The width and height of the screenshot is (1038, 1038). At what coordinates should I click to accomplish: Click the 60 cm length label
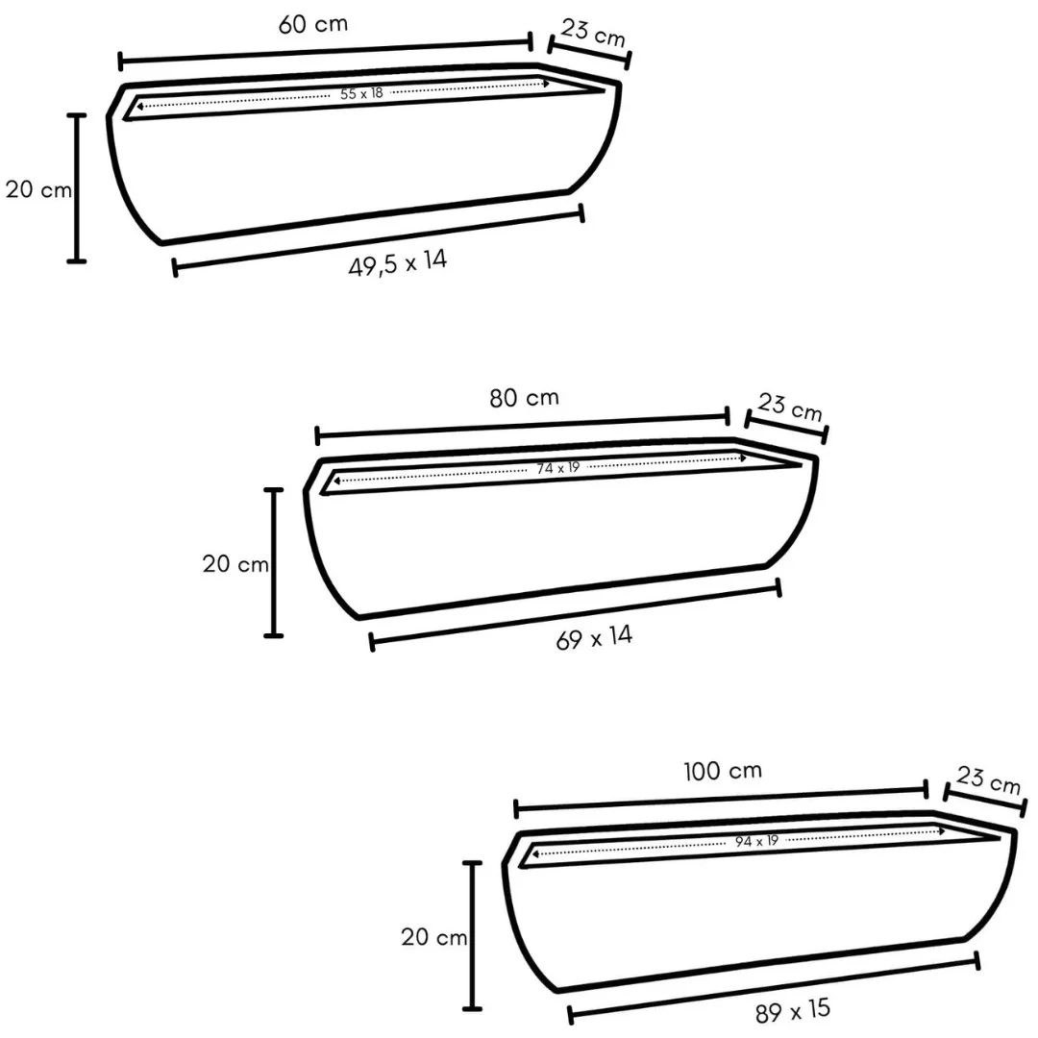[313, 24]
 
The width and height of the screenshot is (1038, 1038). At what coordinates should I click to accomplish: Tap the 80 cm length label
[525, 398]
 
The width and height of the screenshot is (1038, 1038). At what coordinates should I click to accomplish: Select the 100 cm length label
[722, 771]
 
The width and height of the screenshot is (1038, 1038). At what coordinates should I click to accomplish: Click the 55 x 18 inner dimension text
[361, 93]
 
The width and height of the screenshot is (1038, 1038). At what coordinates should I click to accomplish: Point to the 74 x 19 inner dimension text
[558, 468]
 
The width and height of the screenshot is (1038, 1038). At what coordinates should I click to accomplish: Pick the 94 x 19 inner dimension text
[756, 841]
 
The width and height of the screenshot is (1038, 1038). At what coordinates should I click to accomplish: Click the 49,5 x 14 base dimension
[398, 262]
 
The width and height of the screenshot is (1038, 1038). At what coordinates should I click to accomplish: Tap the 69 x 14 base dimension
[595, 637]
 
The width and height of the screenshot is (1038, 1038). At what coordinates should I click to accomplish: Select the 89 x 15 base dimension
[792, 1011]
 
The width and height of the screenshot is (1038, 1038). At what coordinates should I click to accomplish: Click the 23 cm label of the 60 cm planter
[593, 33]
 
